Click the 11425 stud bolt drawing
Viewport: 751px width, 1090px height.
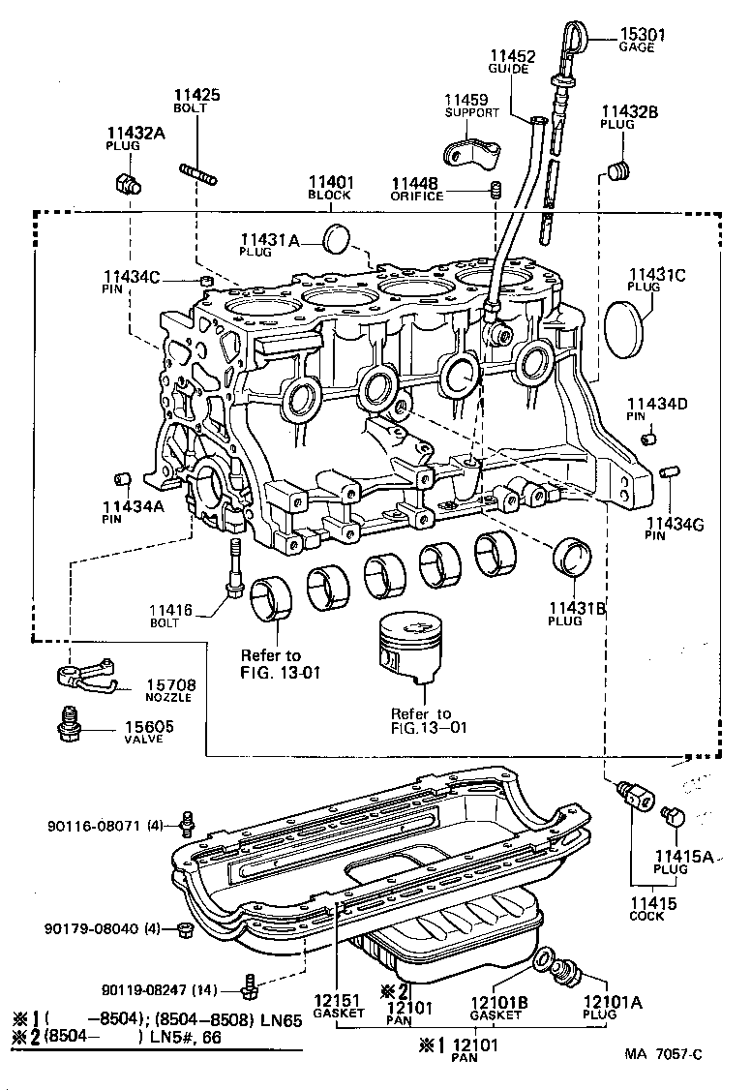tap(197, 172)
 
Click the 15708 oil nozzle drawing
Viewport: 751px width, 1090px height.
tap(85, 678)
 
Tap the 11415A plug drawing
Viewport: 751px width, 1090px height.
tap(674, 818)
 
